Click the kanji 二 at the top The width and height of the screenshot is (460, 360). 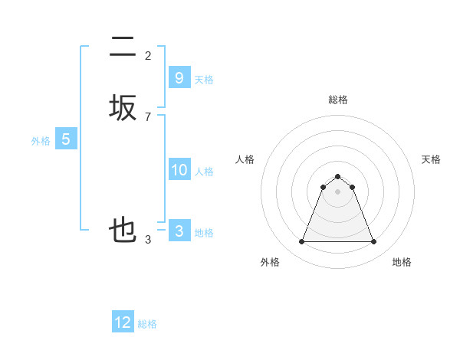pyautogui.click(x=123, y=48)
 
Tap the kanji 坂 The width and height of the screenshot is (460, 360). pyautogui.click(x=123, y=108)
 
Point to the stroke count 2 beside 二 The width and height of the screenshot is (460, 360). pyautogui.click(x=148, y=55)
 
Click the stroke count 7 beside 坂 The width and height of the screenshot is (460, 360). pyautogui.click(x=148, y=116)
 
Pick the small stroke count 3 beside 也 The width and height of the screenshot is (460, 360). pyautogui.click(x=148, y=239)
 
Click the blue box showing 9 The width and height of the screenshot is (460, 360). pyautogui.click(x=179, y=77)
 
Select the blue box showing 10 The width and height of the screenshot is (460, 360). pyautogui.click(x=179, y=170)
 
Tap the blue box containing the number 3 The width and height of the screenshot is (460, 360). pyautogui.click(x=179, y=231)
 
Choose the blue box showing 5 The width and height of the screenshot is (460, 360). pyautogui.click(x=66, y=139)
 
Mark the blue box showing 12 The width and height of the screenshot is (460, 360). pyautogui.click(x=123, y=322)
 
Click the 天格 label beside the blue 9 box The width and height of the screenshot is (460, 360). pyautogui.click(x=204, y=80)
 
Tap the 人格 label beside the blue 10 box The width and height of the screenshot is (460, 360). pyautogui.click(x=204, y=172)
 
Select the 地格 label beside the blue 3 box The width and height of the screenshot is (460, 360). pyautogui.click(x=204, y=233)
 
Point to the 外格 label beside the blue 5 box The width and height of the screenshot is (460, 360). pyautogui.click(x=41, y=141)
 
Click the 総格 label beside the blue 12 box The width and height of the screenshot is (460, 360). pyautogui.click(x=147, y=324)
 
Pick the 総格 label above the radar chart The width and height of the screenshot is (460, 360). pyautogui.click(x=337, y=100)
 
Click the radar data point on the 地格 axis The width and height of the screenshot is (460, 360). pyautogui.click(x=374, y=242)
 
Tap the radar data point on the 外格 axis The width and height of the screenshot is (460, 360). pyautogui.click(x=301, y=242)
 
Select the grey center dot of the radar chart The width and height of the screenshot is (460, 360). pyautogui.click(x=337, y=191)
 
